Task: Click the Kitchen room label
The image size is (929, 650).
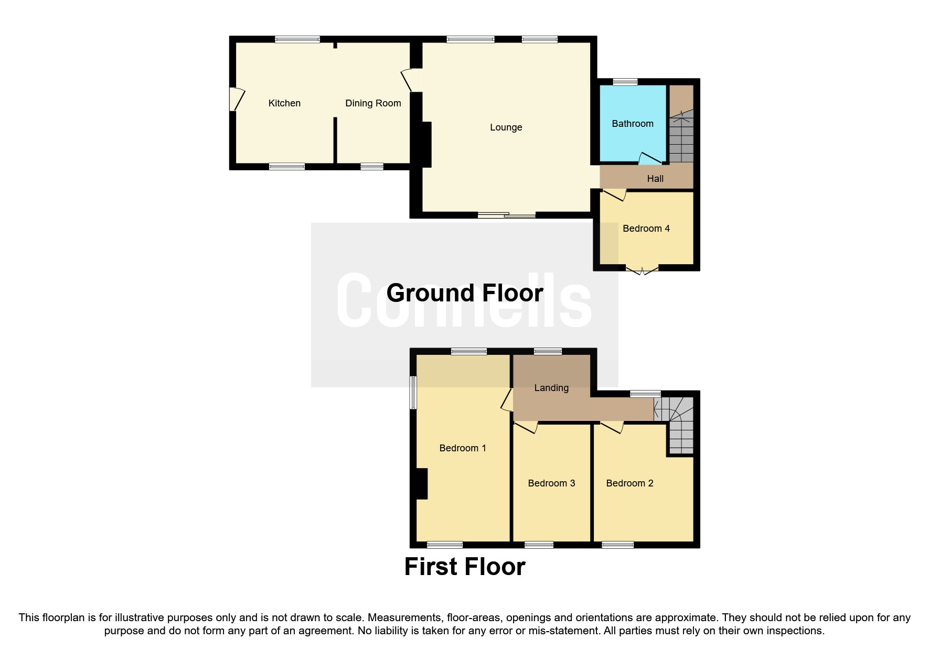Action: tap(284, 103)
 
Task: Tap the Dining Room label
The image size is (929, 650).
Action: tap(373, 103)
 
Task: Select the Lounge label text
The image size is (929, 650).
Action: tap(506, 127)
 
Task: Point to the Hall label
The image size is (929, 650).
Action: tap(655, 179)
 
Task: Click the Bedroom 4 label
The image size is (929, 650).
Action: tap(646, 229)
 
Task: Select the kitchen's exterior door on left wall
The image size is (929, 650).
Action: tap(236, 99)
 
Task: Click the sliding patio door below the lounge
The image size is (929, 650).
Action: tap(506, 214)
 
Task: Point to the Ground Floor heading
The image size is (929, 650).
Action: tap(464, 293)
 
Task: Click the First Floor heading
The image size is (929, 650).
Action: tap(464, 567)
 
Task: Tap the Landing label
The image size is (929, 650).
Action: tap(551, 388)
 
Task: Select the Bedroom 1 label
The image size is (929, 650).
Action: tap(462, 448)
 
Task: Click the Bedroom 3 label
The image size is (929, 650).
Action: tap(551, 483)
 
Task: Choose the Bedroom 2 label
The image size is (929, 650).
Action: tap(629, 483)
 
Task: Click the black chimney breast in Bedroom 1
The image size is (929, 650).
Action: tap(421, 483)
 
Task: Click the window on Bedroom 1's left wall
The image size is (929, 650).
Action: tap(413, 392)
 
